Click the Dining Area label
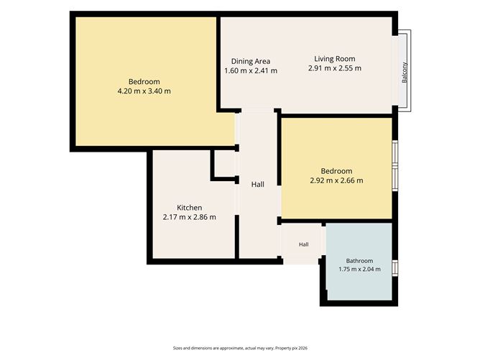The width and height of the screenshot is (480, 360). pyautogui.click(x=250, y=61)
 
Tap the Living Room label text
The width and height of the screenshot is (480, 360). pyautogui.click(x=335, y=59)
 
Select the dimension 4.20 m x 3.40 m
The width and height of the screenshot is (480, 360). pyautogui.click(x=144, y=91)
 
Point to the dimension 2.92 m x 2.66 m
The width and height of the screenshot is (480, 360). pyautogui.click(x=336, y=180)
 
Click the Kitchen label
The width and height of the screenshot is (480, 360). pyautogui.click(x=190, y=208)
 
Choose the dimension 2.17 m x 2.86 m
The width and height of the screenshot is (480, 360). pyautogui.click(x=190, y=217)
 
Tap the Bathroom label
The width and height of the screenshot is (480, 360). pyautogui.click(x=359, y=261)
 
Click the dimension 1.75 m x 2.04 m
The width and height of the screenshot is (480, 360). pyautogui.click(x=359, y=269)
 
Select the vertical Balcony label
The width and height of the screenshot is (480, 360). pyautogui.click(x=405, y=73)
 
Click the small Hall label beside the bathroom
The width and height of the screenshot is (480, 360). pyautogui.click(x=304, y=244)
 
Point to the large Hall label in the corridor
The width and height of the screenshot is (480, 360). pyautogui.click(x=258, y=184)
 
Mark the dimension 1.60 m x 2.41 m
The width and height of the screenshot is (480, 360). pyautogui.click(x=251, y=70)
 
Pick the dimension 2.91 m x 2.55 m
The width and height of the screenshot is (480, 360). pyautogui.click(x=335, y=68)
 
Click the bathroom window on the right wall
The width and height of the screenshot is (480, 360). pyautogui.click(x=395, y=268)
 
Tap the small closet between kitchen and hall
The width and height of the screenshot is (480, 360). pyautogui.click(x=225, y=164)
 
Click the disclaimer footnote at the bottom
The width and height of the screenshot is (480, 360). pyautogui.click(x=240, y=348)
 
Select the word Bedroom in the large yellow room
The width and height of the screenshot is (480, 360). pyautogui.click(x=144, y=82)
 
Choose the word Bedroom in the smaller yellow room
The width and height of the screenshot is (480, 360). pyautogui.click(x=336, y=171)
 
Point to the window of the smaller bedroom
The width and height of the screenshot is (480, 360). pyautogui.click(x=395, y=166)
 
